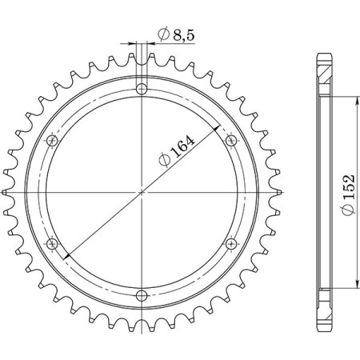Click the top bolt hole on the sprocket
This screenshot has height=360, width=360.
142,88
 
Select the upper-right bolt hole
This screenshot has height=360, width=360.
232,140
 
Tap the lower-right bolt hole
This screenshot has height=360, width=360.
232,243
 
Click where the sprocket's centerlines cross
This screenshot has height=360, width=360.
142,191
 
